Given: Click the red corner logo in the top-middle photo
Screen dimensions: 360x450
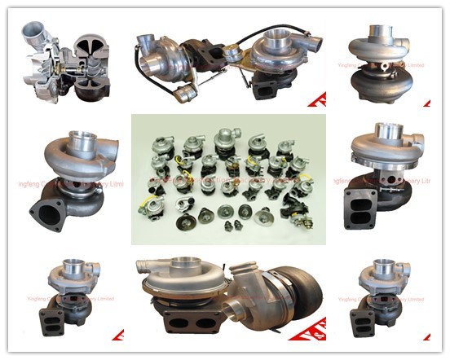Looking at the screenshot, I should pos(322,102).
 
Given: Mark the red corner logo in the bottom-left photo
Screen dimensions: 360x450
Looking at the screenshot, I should pos(117,333).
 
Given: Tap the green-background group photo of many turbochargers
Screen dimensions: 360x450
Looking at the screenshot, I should pos(227,179).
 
